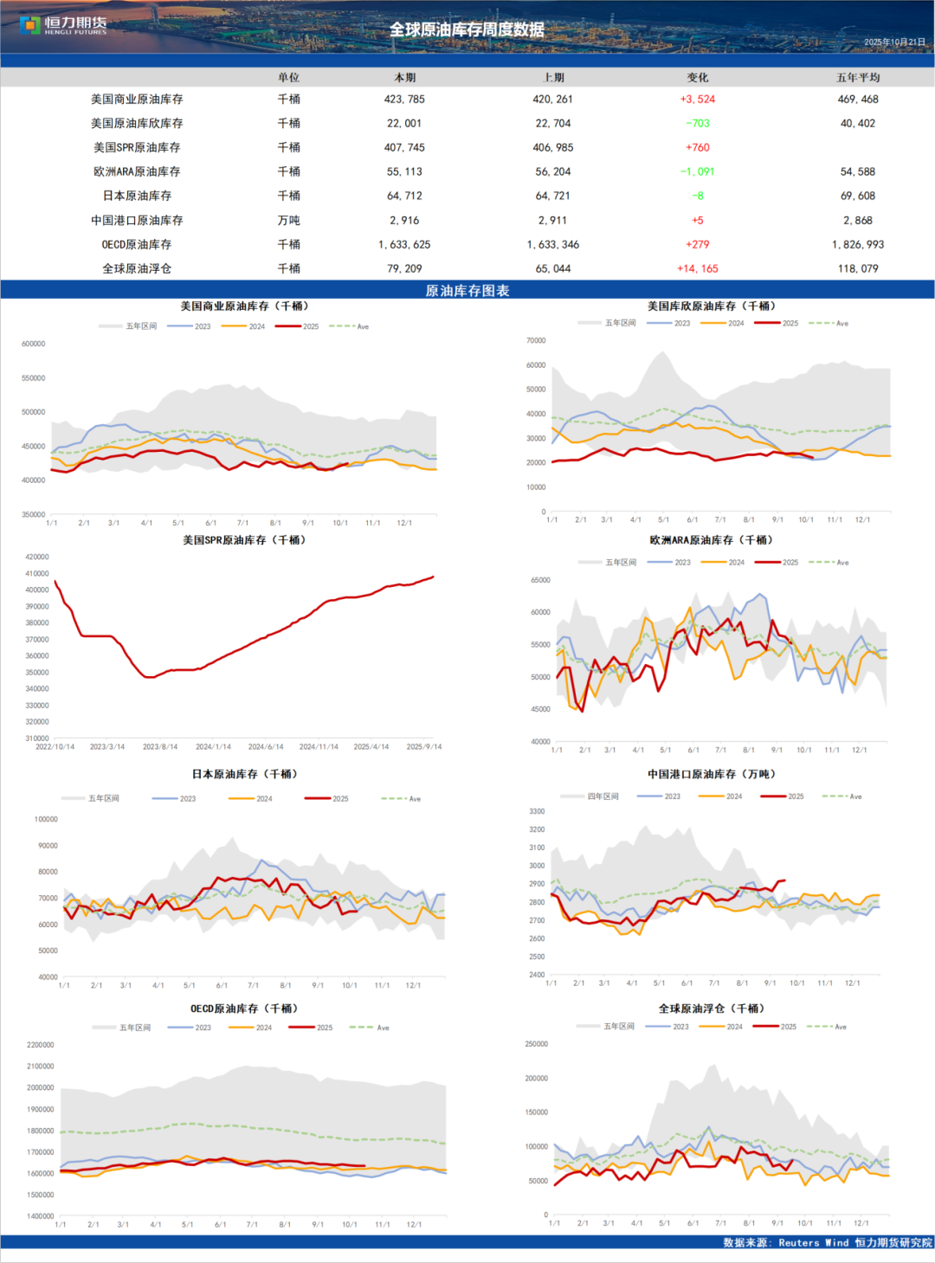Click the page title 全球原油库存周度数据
(467, 29)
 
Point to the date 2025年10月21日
(894, 42)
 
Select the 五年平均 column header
(857, 78)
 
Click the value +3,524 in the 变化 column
(697, 100)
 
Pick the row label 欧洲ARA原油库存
(137, 172)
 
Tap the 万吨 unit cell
(288, 221)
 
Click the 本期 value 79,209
(404, 269)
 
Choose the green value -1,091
(697, 172)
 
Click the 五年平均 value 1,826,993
(857, 245)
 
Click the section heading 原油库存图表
(467, 291)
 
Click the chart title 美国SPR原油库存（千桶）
(244, 540)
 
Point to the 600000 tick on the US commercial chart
(33, 345)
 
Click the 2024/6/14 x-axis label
(266, 747)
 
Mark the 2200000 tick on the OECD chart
(40, 1046)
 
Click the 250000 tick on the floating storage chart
(536, 1045)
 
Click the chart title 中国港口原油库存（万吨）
(712, 775)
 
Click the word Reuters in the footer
(798, 1243)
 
